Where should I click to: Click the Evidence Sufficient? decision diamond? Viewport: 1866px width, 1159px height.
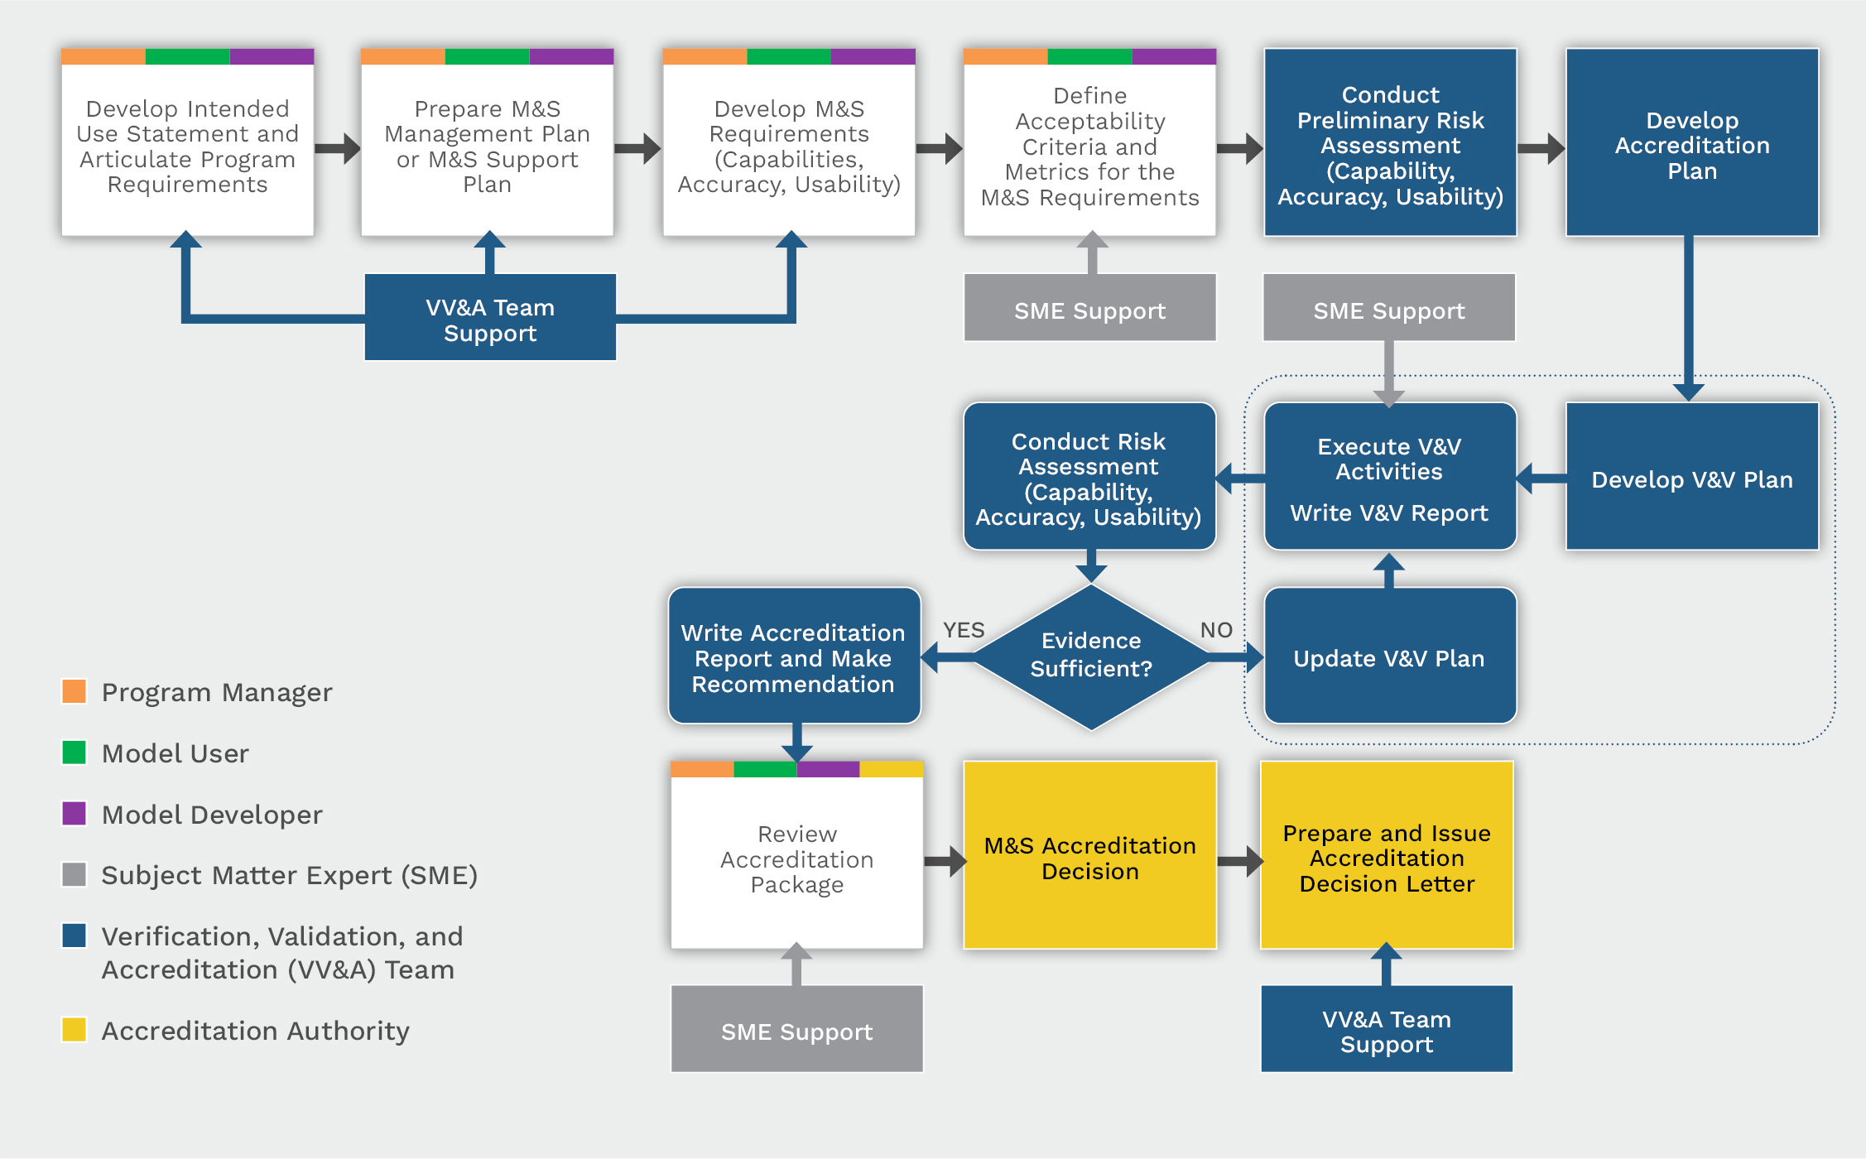(x=1091, y=656)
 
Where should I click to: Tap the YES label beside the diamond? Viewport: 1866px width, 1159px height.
(x=964, y=630)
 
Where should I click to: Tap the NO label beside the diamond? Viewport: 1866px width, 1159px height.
(x=1216, y=630)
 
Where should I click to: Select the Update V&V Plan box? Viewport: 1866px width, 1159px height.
(x=1389, y=657)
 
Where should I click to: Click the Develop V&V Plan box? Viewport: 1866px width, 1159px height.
(x=1691, y=479)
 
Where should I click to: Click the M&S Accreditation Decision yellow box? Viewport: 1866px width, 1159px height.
(x=1089, y=857)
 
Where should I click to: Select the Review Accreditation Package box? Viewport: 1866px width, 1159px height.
(x=796, y=858)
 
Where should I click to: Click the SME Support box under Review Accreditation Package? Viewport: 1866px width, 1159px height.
(x=796, y=1030)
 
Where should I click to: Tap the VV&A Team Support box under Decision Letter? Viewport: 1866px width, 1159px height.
(x=1386, y=1030)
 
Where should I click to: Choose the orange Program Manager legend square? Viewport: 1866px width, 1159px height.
(x=75, y=690)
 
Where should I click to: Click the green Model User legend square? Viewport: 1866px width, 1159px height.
(x=75, y=752)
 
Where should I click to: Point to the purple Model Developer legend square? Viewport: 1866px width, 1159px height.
(x=75, y=813)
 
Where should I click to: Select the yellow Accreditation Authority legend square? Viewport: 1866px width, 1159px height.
(x=75, y=1029)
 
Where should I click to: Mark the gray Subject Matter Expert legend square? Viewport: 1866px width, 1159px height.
(x=75, y=874)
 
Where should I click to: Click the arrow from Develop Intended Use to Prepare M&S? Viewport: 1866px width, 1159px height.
(x=337, y=149)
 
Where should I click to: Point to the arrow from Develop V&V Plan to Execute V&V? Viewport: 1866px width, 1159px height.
(x=1541, y=479)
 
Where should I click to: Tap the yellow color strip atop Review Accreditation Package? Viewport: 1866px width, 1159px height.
(x=891, y=769)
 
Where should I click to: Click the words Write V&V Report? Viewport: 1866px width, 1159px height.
(x=1389, y=513)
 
